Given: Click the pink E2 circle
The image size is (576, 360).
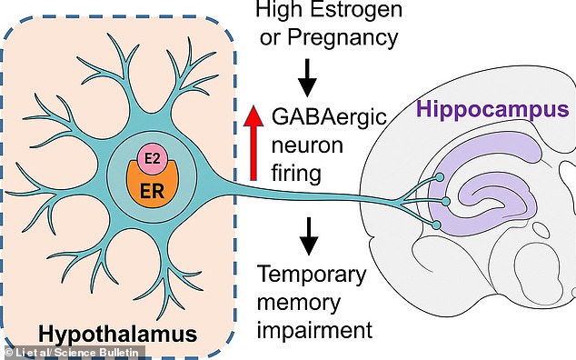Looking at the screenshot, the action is [153, 159].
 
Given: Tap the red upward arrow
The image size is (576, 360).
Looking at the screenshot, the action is [253, 143].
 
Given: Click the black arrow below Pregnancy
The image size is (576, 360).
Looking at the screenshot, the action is [307, 77].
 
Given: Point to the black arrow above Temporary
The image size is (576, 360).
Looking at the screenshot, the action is [309, 236].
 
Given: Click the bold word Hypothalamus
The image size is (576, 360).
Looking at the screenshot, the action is [117, 335].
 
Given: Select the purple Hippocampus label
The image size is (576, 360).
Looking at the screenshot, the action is [493, 109].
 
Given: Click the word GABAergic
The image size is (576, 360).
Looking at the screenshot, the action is [329, 117].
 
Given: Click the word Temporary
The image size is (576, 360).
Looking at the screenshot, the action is [312, 275].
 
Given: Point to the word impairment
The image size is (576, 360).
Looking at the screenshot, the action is [315, 329].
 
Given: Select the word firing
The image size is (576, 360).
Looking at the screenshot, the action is [296, 174].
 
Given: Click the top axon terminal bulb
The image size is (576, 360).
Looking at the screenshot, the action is [440, 177].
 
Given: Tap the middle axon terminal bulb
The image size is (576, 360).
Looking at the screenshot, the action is [446, 201].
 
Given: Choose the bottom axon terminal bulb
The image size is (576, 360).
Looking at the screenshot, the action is [436, 225].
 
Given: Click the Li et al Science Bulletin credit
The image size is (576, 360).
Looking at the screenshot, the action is [72, 353].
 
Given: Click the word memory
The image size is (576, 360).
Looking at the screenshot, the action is [299, 303].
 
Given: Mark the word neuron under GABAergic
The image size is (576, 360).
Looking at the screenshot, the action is [307, 146].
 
